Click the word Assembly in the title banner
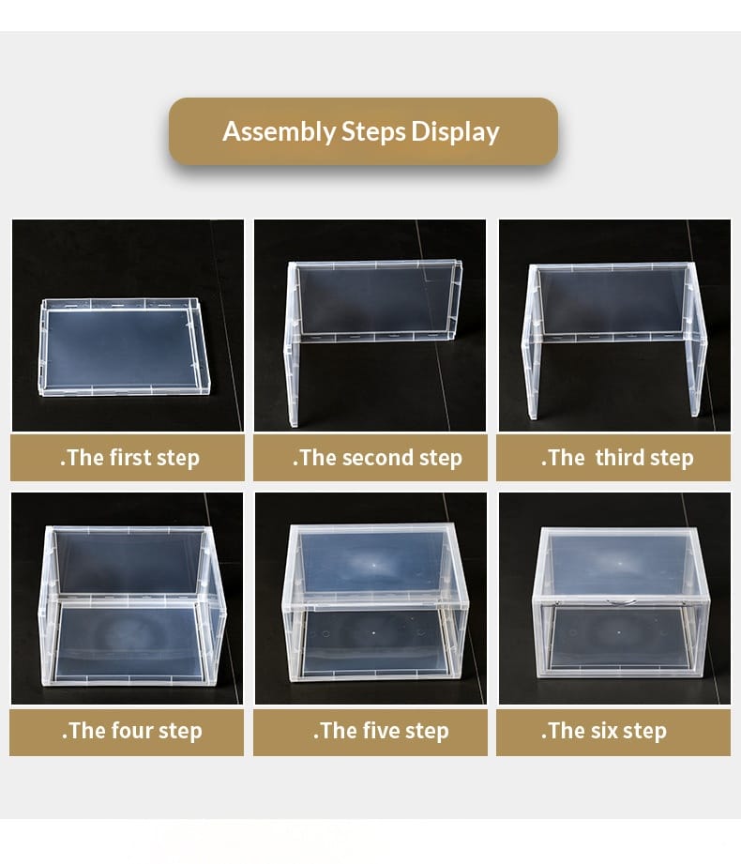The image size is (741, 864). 280,133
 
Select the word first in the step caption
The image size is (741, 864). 130,458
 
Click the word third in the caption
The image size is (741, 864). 620,458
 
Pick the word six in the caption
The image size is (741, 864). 604,731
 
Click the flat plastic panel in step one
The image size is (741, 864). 125,347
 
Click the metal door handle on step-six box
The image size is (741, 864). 621,602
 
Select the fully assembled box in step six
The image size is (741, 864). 621,602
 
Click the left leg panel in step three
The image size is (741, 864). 532,341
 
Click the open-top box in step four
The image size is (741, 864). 132,606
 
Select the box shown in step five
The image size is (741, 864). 374,602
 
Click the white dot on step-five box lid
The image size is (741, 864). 374,565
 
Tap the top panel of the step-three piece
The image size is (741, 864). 612,300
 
